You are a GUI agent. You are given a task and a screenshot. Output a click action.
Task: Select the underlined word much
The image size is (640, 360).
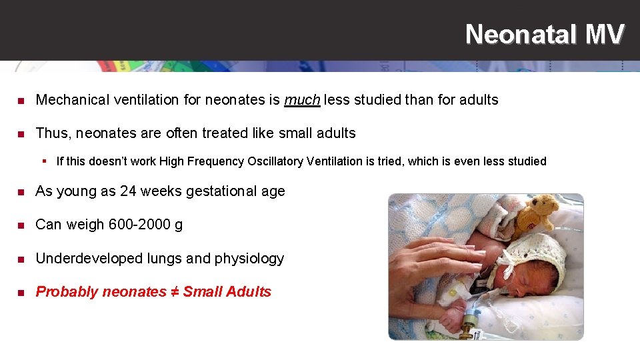pos(302,100)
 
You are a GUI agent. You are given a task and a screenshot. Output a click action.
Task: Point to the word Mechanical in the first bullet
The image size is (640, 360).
pos(72,100)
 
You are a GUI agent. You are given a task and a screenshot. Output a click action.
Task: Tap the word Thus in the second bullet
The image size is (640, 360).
pos(52,133)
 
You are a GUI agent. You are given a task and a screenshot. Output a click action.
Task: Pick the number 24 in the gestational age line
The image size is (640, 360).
pos(128,191)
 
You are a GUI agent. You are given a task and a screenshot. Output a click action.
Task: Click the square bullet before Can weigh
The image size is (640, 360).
pos(21,225)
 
